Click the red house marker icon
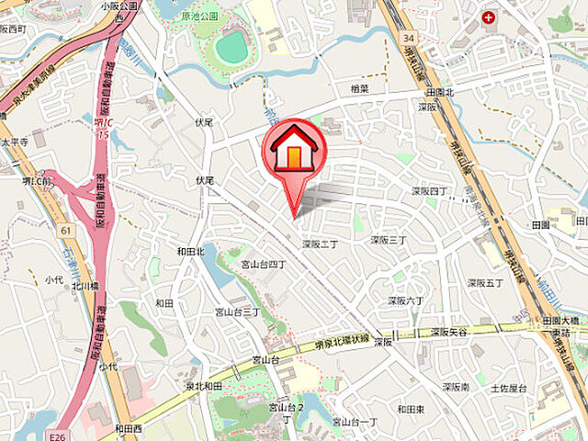click(293, 151)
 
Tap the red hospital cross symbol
click(488, 16)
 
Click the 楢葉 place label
click(361, 88)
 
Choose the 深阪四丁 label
click(429, 191)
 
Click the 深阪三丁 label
click(389, 240)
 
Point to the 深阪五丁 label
click(485, 283)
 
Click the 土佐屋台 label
click(507, 389)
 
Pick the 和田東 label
click(411, 409)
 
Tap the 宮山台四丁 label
click(264, 265)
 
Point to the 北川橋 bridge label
click(85, 286)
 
